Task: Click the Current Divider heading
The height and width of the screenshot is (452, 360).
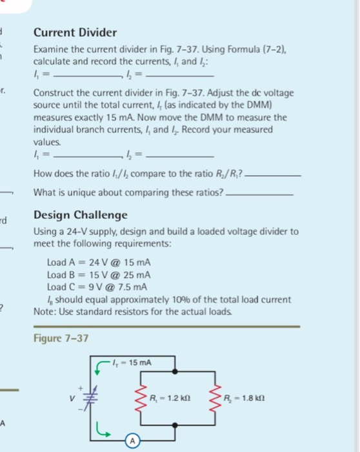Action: [x=75, y=32]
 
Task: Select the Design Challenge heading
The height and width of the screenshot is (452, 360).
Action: [x=81, y=215]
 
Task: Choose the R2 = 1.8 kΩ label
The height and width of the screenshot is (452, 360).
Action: [x=257, y=396]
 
